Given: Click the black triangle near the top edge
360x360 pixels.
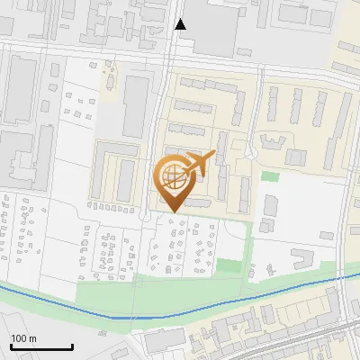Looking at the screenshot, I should point(181,23).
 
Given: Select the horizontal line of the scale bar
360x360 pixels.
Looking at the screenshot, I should point(40,347).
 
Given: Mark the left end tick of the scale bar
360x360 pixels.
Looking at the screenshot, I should point(10,346).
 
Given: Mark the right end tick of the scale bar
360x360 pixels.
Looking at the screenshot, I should point(72,346).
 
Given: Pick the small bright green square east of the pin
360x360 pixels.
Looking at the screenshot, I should point(270,176).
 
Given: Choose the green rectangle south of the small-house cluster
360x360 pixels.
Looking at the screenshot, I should point(230,266).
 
